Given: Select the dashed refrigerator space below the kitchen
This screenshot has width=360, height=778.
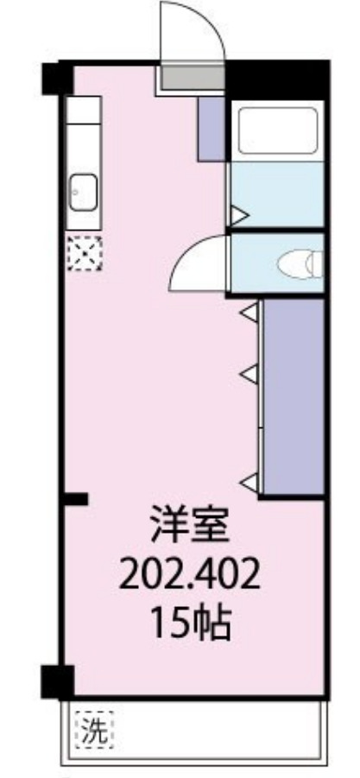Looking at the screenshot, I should click(85, 253).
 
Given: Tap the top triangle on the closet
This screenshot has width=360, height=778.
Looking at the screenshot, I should click(249, 313).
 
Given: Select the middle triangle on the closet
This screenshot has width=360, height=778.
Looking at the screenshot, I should click(249, 374).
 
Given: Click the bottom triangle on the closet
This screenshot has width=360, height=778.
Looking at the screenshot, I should click(249, 480).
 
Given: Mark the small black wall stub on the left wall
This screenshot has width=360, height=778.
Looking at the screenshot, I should click(77, 498).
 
